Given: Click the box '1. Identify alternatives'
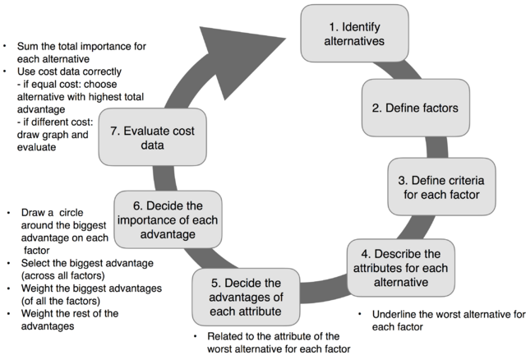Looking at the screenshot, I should tap(354, 32).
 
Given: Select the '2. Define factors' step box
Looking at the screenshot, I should tap(404, 107).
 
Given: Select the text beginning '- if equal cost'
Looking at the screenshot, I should tap(67, 95).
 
